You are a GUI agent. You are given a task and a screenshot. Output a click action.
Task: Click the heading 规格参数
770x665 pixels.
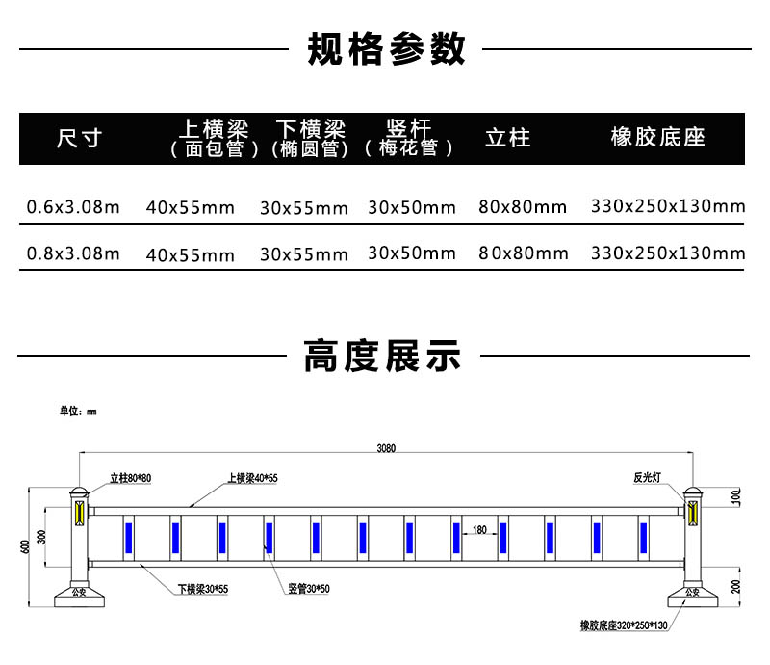[x=386, y=49]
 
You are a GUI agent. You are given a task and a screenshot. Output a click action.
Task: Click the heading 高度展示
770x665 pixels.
[x=382, y=355]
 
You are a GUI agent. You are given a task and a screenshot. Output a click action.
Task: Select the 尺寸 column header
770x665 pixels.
[x=79, y=138]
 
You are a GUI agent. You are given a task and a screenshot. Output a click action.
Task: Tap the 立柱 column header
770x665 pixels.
[x=508, y=138]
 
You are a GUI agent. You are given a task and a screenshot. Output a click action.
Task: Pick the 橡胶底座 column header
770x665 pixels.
[x=658, y=137]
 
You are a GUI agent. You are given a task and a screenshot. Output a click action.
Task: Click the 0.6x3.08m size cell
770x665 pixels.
[x=73, y=207]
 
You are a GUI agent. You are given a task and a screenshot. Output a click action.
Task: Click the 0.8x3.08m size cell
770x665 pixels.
[x=73, y=253]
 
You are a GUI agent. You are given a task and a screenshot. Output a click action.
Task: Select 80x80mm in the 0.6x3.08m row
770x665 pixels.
[x=523, y=207]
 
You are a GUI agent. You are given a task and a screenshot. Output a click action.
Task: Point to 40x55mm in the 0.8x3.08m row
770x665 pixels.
[x=190, y=255]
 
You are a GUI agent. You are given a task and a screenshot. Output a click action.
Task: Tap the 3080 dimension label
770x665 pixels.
[x=386, y=448]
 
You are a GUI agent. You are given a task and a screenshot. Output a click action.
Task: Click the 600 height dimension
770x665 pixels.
[x=25, y=546]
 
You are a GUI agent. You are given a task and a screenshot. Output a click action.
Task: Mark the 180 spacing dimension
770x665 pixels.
[x=479, y=530]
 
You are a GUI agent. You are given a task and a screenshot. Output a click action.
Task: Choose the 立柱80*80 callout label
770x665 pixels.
[x=131, y=478]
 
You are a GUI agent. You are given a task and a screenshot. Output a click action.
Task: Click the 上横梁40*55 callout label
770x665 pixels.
[x=252, y=478]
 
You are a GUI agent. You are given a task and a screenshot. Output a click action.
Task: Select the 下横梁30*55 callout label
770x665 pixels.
[x=203, y=589]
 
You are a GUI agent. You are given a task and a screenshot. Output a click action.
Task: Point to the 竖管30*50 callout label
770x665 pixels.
[x=309, y=588]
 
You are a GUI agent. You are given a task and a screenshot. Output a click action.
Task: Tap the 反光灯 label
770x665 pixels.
[x=647, y=478]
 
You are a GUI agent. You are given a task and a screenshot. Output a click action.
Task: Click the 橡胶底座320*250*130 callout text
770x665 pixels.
[x=624, y=625]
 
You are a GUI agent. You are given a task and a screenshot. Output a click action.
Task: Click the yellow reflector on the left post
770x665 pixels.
[x=79, y=513]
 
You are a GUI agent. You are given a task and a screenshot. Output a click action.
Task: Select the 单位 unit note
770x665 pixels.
[x=78, y=412]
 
